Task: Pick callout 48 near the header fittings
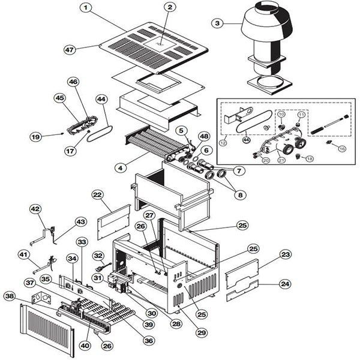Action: [x=204, y=137]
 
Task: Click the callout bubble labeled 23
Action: [x=286, y=254]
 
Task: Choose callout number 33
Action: [x=82, y=241]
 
